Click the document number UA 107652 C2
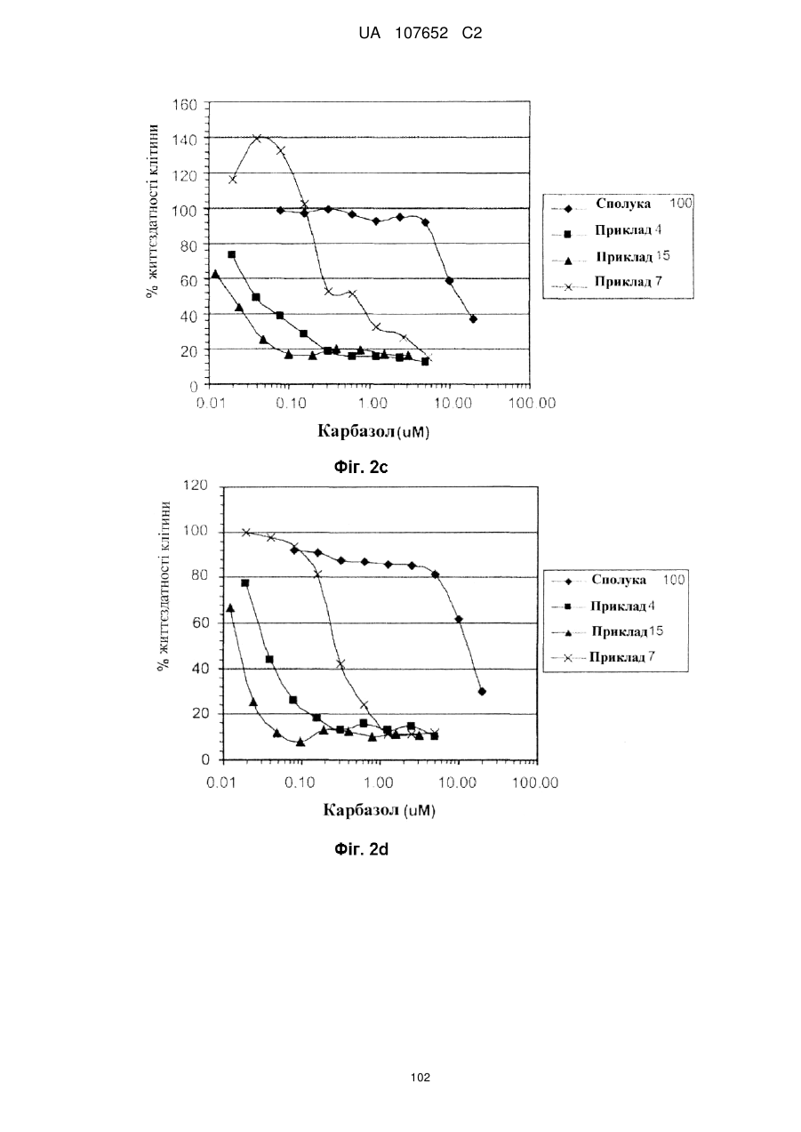(420, 34)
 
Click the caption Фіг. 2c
(361, 468)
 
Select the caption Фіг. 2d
(361, 849)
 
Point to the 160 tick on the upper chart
(184, 105)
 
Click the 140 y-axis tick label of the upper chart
(184, 140)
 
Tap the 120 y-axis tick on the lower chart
(196, 486)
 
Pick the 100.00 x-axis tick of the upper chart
(533, 403)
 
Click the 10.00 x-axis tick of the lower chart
(457, 783)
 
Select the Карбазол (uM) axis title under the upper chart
(373, 431)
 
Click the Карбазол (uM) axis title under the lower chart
(379, 811)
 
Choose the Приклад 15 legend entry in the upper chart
(618, 257)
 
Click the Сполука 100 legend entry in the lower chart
(618, 580)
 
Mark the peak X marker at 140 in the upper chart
(257, 138)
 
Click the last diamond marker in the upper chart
(473, 319)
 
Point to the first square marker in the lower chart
(245, 582)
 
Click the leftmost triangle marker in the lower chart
(230, 608)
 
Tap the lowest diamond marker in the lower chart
(482, 691)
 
